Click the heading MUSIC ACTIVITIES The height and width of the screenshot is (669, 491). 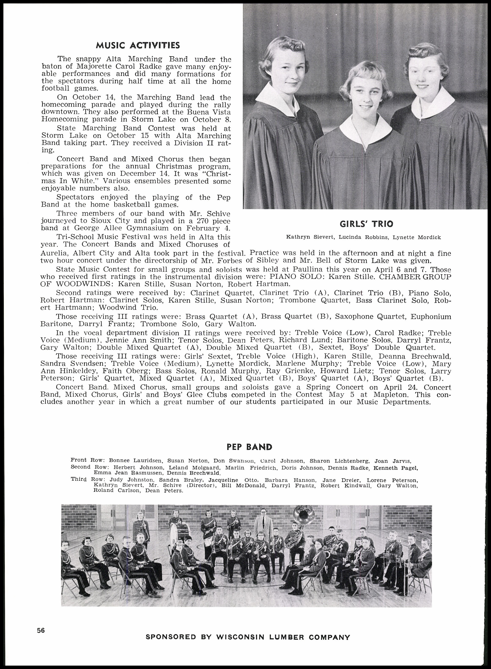(x=138, y=45)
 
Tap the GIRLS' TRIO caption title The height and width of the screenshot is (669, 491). (x=366, y=224)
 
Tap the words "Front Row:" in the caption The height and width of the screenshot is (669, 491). (x=87, y=460)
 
